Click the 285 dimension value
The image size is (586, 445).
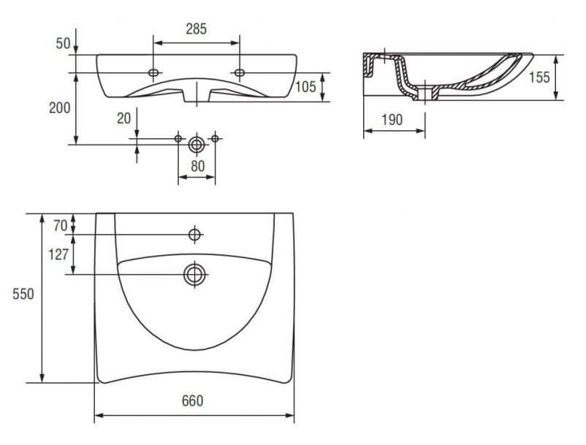197,28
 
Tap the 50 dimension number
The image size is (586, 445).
63,43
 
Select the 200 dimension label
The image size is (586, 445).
59,108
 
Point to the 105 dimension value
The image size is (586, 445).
305,87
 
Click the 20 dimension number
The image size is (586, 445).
124,118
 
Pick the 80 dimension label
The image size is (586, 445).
198,167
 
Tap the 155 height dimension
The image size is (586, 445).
539,77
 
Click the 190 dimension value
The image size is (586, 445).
392,120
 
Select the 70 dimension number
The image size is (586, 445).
60,226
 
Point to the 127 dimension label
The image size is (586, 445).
58,254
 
